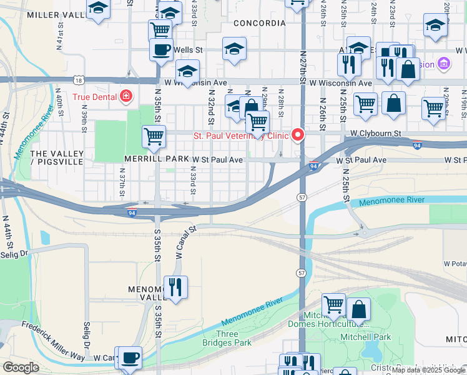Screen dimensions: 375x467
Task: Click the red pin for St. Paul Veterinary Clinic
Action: (298, 135)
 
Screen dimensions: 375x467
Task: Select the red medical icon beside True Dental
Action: (126, 96)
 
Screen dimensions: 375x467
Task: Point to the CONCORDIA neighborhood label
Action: (259, 23)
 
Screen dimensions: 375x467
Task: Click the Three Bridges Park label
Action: (227, 338)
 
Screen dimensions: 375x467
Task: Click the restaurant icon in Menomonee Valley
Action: (175, 287)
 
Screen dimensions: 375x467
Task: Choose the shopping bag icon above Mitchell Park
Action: (359, 309)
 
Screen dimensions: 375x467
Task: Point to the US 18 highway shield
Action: (77, 81)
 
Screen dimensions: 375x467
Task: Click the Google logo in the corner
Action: (21, 367)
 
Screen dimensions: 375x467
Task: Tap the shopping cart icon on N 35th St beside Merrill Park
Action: (154, 136)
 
